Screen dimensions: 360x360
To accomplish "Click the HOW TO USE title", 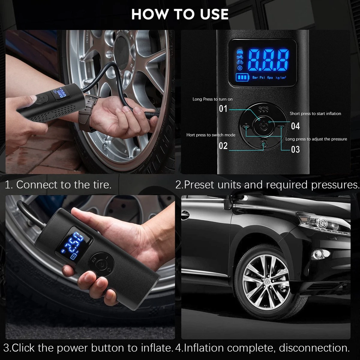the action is click(180, 14).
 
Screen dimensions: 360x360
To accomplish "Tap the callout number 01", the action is click(223, 109).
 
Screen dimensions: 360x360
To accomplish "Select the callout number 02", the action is click(223, 146).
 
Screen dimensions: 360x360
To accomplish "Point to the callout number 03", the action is click(295, 149).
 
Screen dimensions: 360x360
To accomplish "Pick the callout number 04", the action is click(295, 126).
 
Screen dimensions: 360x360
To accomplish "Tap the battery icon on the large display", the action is click(242, 77).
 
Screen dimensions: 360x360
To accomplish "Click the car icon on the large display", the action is click(240, 52).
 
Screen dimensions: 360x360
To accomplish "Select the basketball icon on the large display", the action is click(240, 68).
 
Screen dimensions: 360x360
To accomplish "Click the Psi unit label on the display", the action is click(262, 77).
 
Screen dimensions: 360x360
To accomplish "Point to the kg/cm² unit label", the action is click(281, 77).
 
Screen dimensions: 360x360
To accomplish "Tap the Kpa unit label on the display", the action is click(270, 77).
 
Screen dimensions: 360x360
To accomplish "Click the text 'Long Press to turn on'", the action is click(213, 99).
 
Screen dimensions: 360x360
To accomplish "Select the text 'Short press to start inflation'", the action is click(315, 114).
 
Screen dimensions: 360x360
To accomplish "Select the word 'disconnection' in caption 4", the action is click(314, 348).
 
